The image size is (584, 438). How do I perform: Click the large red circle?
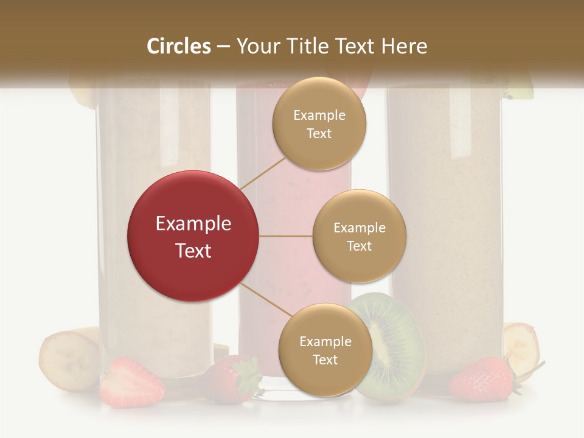tap(193, 236)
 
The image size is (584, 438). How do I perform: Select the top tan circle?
tap(319, 123)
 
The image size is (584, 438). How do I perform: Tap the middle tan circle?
tap(359, 236)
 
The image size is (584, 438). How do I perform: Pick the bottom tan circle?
tap(325, 350)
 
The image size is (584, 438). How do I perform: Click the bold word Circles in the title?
tap(179, 46)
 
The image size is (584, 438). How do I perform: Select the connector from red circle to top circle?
tap(262, 173)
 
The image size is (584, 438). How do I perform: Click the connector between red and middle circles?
tap(285, 236)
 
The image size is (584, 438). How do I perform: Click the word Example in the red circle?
tap(193, 224)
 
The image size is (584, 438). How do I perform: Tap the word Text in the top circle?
tap(319, 134)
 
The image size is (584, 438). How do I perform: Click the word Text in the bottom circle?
tap(325, 360)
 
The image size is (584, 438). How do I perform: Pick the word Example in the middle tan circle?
tap(359, 228)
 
